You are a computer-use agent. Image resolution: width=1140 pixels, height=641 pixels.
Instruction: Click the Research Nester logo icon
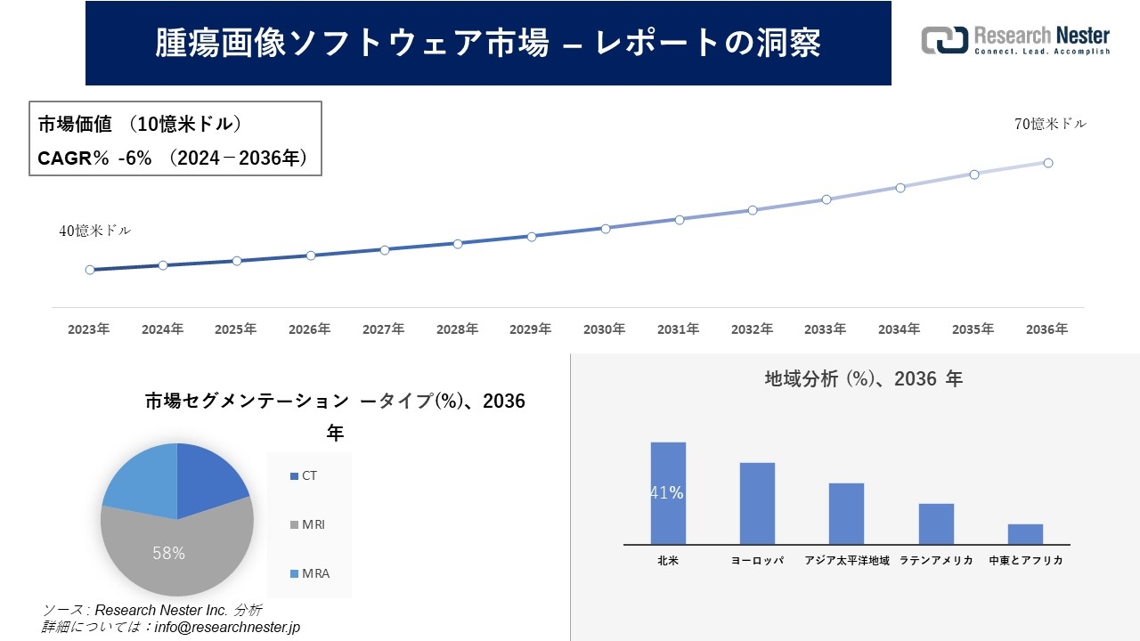coord(945,40)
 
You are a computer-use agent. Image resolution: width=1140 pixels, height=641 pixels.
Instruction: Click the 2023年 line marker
coord(90,270)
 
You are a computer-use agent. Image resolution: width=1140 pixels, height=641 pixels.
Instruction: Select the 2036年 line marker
coord(1048,163)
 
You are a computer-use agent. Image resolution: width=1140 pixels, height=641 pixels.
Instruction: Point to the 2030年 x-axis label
coord(604,329)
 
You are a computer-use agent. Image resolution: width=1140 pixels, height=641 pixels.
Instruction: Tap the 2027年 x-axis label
coord(383,329)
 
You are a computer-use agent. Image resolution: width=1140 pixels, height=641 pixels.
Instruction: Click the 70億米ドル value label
coord(1050,125)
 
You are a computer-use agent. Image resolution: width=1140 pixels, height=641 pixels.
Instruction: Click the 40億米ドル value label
coord(94,231)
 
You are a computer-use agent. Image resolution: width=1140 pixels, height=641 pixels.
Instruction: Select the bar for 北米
coord(668,493)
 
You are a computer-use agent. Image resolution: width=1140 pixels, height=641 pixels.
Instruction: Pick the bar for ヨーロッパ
coord(757,503)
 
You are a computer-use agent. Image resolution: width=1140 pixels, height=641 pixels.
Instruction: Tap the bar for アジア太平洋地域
coord(846,514)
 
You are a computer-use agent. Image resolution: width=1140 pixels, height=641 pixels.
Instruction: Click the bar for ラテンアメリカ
coord(936,523)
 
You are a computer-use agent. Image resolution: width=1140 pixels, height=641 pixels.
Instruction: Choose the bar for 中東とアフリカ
coord(1025,534)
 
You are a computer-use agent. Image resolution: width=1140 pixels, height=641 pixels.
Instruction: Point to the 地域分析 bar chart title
coord(863,379)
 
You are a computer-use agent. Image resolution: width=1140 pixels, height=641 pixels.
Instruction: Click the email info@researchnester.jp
coord(227,627)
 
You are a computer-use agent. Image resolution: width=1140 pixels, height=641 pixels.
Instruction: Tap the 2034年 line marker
coord(900,188)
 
